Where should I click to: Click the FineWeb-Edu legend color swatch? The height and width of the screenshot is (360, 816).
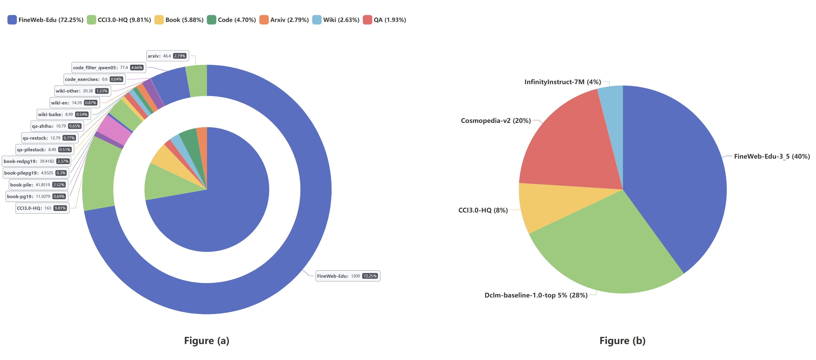coord(12,20)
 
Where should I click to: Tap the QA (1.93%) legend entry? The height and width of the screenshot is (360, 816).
coord(384,20)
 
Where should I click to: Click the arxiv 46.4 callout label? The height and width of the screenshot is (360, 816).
coord(167,56)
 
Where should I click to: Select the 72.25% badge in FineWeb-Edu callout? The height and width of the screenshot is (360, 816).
coord(370,276)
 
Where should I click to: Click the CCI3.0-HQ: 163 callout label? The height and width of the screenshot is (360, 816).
coord(42,208)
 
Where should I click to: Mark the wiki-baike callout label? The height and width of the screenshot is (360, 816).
coord(63,114)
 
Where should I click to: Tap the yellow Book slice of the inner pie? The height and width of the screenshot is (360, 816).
coord(162,155)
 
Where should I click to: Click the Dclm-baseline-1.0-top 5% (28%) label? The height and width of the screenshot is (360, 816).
coord(536,295)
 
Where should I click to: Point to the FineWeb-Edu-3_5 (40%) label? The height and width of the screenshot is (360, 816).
coord(772,156)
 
